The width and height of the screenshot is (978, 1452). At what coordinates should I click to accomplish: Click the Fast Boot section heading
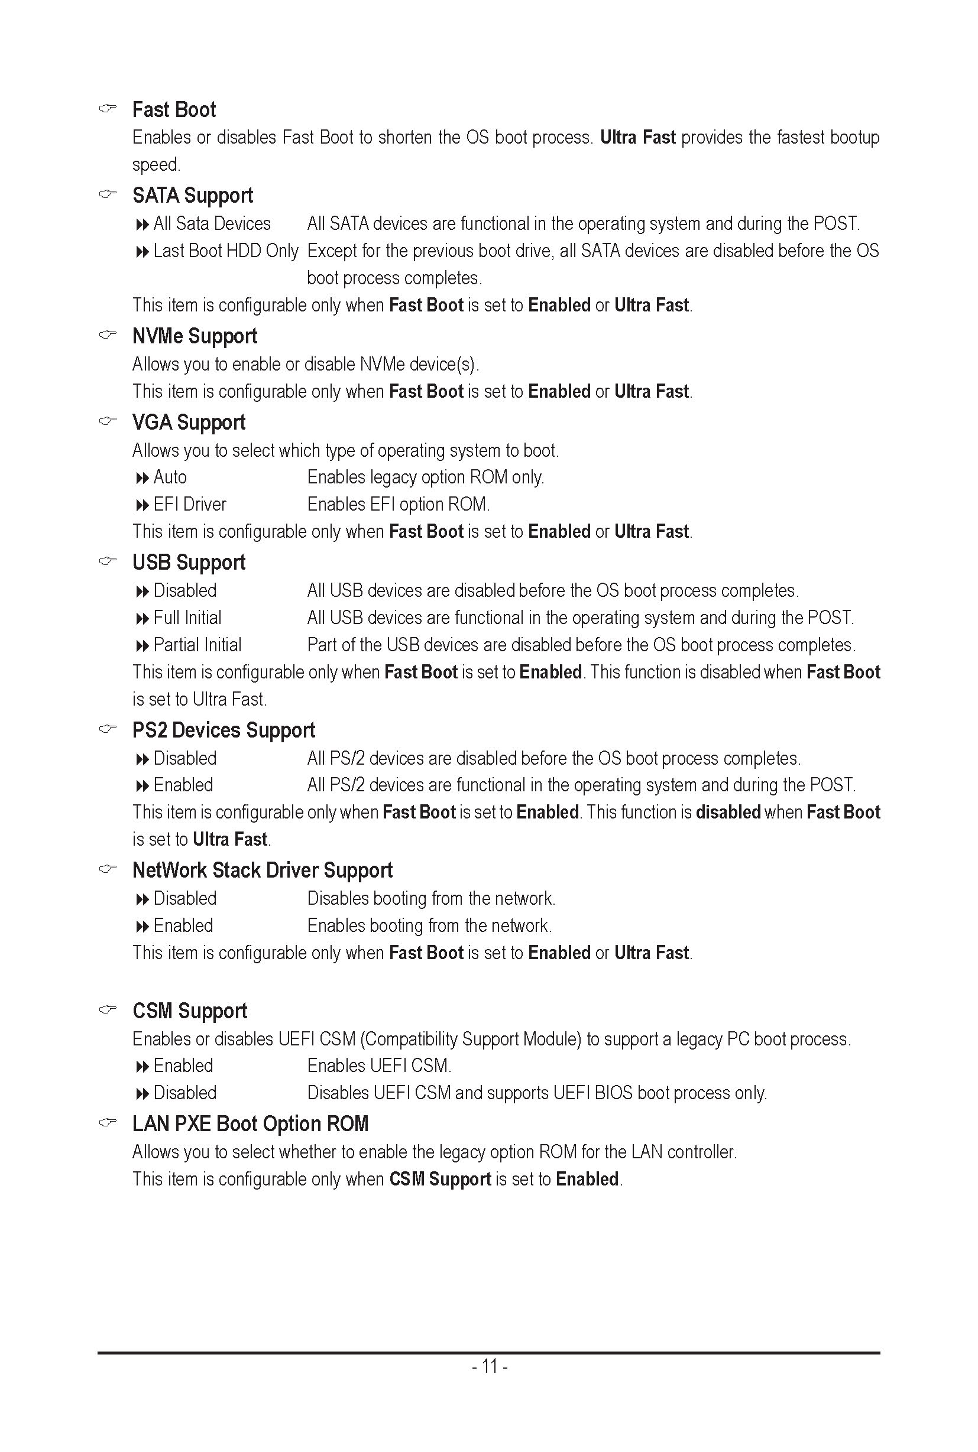(x=173, y=110)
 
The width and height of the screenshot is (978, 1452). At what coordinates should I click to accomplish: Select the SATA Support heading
(x=192, y=196)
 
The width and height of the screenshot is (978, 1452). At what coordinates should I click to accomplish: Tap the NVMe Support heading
(x=195, y=336)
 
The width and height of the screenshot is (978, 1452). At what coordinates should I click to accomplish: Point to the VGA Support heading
(x=189, y=423)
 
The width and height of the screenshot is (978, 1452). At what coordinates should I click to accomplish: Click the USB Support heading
(x=189, y=563)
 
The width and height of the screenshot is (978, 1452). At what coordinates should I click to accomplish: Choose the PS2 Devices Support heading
(x=224, y=730)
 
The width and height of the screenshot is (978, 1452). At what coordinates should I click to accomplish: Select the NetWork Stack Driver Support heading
(x=262, y=870)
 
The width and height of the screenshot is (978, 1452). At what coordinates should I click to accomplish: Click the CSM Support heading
(x=190, y=1011)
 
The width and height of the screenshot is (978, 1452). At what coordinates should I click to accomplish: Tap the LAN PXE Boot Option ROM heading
(x=250, y=1124)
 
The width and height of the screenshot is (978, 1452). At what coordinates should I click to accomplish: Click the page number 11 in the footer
(x=490, y=1366)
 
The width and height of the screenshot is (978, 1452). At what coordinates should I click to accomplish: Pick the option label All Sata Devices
(x=212, y=223)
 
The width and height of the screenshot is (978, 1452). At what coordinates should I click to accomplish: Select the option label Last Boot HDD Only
(x=226, y=251)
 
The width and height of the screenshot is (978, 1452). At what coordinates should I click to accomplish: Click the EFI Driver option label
(x=190, y=504)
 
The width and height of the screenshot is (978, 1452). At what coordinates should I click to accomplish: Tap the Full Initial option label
(x=187, y=618)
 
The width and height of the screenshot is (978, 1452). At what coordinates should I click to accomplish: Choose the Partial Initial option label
(x=197, y=645)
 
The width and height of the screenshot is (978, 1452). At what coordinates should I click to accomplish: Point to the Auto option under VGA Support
(x=170, y=477)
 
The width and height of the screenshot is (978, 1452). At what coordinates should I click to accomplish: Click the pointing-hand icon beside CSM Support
(x=108, y=1009)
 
